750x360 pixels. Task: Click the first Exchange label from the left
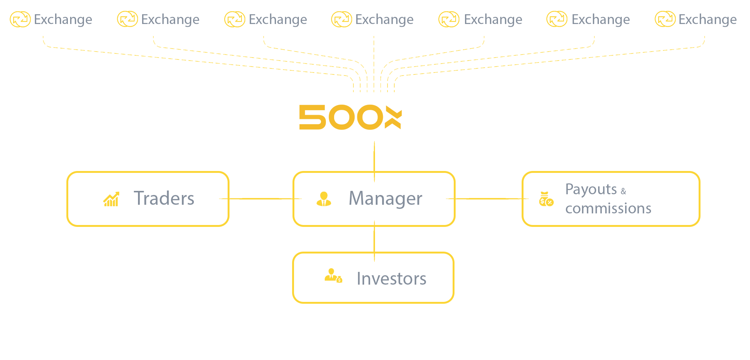click(x=63, y=19)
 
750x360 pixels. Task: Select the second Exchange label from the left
click(x=170, y=19)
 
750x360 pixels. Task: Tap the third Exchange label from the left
click(x=278, y=19)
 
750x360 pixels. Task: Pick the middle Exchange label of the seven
click(x=384, y=19)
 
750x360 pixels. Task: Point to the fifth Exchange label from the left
click(x=493, y=19)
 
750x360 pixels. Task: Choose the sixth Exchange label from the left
click(x=601, y=19)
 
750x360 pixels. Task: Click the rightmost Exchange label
click(x=708, y=19)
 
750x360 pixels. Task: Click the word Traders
click(x=164, y=198)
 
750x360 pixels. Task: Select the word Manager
click(x=385, y=199)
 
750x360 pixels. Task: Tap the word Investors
click(x=391, y=279)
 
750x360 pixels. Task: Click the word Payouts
click(x=591, y=190)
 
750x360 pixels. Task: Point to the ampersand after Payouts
click(x=623, y=191)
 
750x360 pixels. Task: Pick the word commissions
click(x=608, y=208)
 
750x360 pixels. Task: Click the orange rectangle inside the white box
click(x=352, y=117)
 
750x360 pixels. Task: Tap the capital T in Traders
click(x=140, y=198)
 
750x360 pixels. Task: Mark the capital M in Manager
click(x=357, y=198)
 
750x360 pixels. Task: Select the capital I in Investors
click(x=359, y=279)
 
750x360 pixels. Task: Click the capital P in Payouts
click(x=569, y=189)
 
